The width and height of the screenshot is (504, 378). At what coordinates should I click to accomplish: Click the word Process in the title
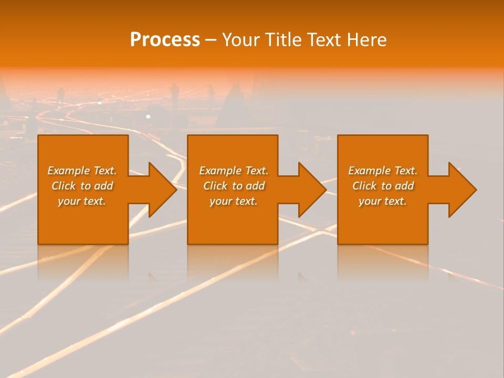click(165, 40)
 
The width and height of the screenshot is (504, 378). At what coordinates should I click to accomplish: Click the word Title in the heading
click(285, 40)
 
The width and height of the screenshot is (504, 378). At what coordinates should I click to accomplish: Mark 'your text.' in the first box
click(82, 201)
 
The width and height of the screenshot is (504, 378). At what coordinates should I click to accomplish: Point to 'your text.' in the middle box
click(234, 201)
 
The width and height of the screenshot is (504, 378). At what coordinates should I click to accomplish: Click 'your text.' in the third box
click(383, 201)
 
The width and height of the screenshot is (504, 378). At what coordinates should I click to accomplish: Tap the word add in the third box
click(404, 186)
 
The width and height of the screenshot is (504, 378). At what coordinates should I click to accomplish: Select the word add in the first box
click(103, 186)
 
